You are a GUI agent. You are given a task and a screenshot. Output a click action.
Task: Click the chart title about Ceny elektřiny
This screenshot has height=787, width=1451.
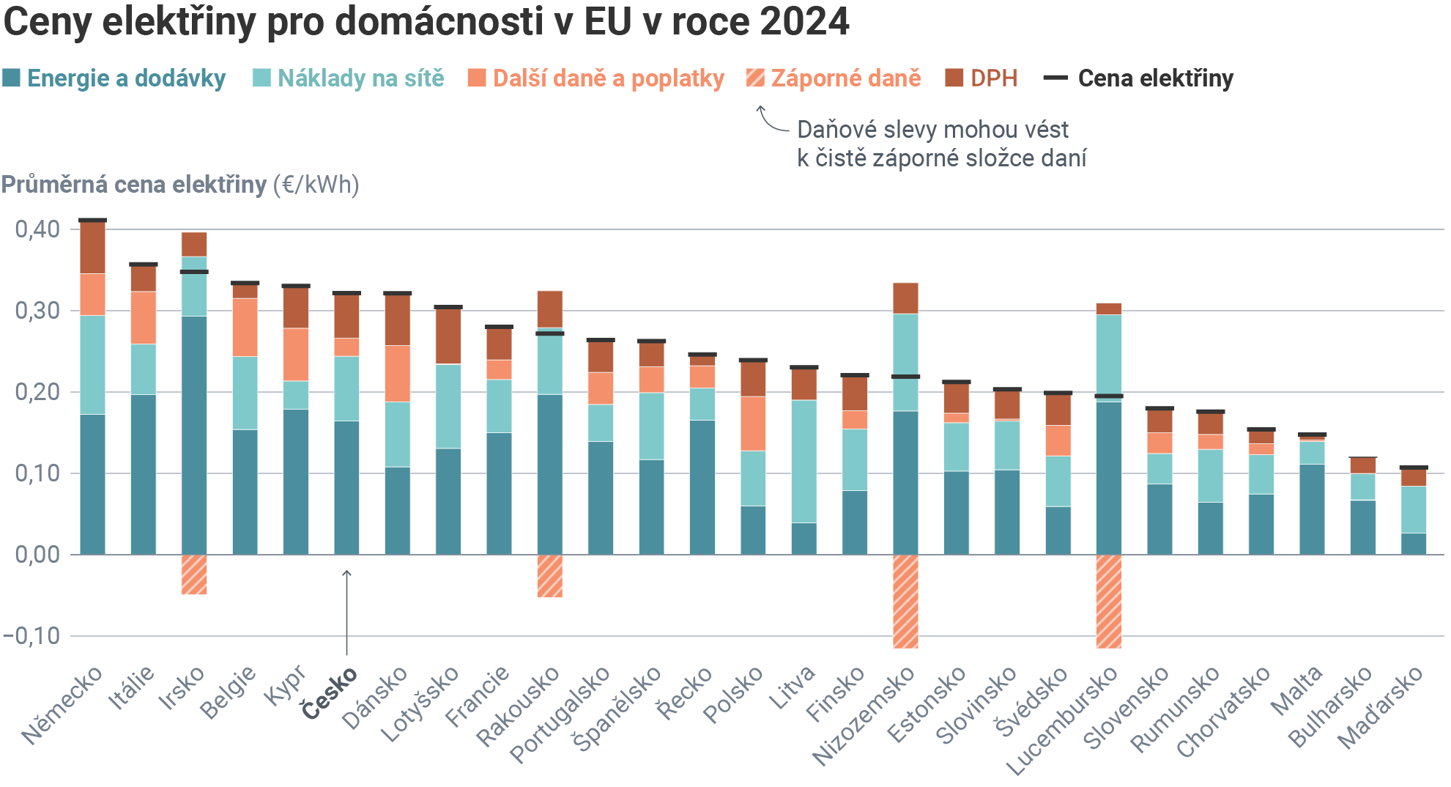(426, 22)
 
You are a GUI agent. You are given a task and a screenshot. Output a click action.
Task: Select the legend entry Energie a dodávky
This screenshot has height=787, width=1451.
(114, 78)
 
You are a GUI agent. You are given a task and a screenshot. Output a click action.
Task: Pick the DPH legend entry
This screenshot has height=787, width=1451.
(981, 78)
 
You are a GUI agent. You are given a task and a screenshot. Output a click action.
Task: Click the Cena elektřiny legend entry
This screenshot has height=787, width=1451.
(1140, 78)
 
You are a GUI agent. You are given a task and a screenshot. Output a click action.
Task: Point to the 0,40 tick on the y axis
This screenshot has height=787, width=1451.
(37, 229)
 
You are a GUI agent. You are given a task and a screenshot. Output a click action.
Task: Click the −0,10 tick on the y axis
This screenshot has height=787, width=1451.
(32, 635)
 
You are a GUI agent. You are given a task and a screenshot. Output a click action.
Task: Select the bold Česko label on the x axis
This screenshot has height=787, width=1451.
(330, 692)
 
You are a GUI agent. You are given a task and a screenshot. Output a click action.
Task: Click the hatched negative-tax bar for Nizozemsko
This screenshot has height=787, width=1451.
(905, 601)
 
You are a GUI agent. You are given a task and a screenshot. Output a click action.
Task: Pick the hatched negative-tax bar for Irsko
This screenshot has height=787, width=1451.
(194, 574)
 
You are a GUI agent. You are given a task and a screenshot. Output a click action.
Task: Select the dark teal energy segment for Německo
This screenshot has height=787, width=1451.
(92, 484)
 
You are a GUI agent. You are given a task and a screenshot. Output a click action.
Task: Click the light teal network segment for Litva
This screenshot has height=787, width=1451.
(804, 461)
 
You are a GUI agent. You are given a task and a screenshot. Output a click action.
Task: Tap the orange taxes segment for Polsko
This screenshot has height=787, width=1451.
(753, 424)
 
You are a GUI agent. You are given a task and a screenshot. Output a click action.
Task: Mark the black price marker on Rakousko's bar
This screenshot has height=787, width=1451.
(550, 333)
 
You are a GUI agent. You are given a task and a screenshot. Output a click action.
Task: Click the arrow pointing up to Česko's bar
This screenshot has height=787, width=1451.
(346, 612)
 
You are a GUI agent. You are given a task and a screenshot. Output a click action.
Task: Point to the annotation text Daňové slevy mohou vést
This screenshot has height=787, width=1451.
(932, 130)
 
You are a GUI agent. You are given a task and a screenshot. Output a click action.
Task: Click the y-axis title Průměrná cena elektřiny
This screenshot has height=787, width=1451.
(133, 185)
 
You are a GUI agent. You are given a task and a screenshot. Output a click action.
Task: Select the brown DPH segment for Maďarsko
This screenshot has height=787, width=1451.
(1414, 478)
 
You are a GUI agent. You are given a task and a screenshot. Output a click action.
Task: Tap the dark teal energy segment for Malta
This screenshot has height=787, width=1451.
(1312, 509)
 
